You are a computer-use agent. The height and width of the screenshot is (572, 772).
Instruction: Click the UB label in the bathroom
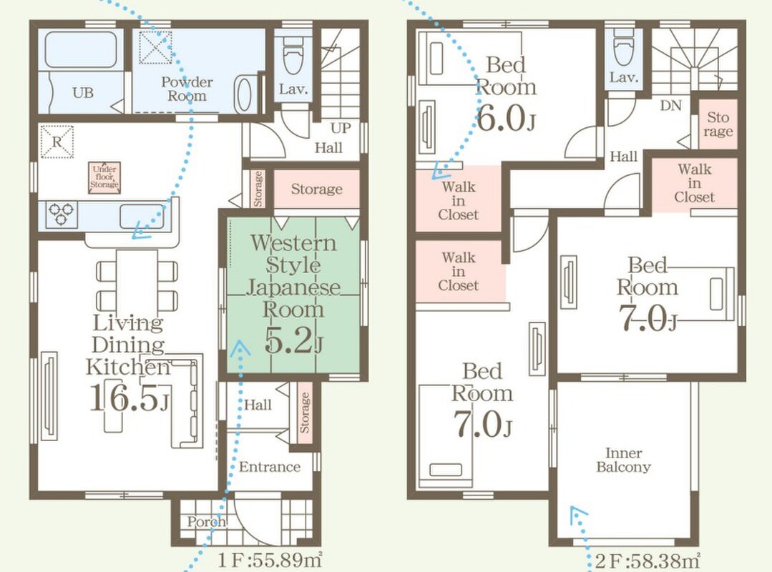click(x=83, y=92)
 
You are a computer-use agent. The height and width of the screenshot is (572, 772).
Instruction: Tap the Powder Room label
click(x=187, y=89)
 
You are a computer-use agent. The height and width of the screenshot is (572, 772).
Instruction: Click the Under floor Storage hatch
click(x=104, y=177)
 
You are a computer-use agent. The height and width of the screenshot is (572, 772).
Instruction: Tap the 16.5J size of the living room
click(x=130, y=398)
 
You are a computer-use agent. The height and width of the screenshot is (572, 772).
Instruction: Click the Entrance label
click(x=269, y=466)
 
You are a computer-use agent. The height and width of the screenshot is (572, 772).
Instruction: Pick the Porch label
click(x=206, y=521)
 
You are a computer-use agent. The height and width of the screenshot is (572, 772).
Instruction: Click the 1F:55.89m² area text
click(x=270, y=560)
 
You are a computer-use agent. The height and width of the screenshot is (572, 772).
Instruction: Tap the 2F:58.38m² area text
click(x=647, y=561)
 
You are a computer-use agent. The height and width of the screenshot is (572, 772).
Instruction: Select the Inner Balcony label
click(x=623, y=459)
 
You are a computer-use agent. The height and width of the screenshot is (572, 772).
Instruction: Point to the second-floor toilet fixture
click(x=623, y=46)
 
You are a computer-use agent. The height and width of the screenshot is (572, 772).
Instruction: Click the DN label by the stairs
click(x=670, y=105)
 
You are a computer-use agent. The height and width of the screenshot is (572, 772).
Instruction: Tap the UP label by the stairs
click(x=341, y=128)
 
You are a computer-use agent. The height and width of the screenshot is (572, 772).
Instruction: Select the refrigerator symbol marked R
click(x=57, y=142)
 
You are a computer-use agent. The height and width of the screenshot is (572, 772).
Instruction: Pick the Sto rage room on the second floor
click(x=718, y=124)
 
